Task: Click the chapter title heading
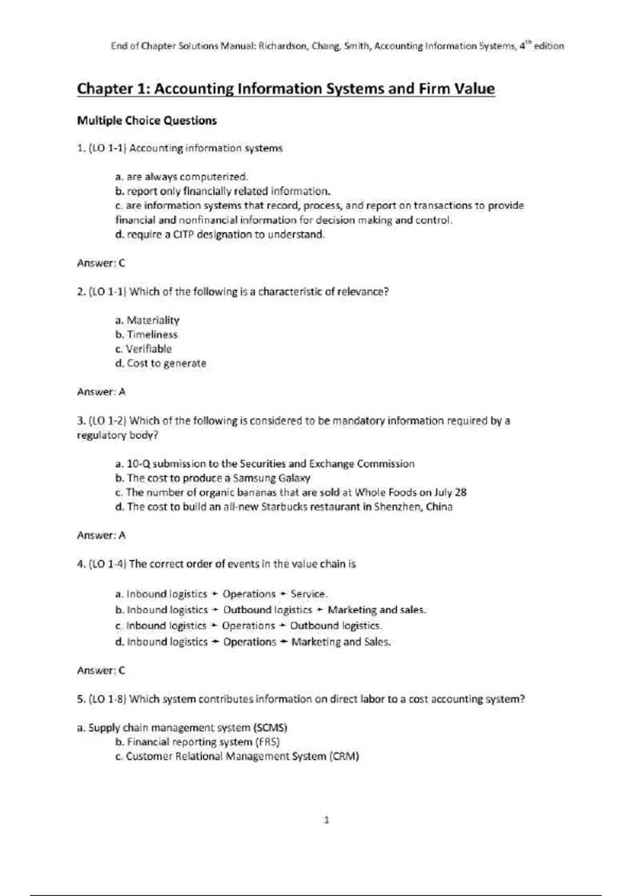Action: click(286, 89)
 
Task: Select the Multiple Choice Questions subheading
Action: click(147, 121)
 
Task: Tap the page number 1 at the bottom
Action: click(327, 820)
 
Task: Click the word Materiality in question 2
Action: click(153, 320)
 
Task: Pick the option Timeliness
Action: click(152, 334)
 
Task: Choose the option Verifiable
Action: click(149, 349)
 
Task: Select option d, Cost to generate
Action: click(161, 363)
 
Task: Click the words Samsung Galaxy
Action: click(271, 478)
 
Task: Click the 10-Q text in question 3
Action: click(139, 464)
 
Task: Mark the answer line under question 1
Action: click(101, 263)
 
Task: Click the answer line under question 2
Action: click(101, 392)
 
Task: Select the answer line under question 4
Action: click(101, 670)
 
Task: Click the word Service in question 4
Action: click(308, 594)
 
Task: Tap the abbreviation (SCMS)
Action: click(270, 728)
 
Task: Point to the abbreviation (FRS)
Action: click(267, 742)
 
